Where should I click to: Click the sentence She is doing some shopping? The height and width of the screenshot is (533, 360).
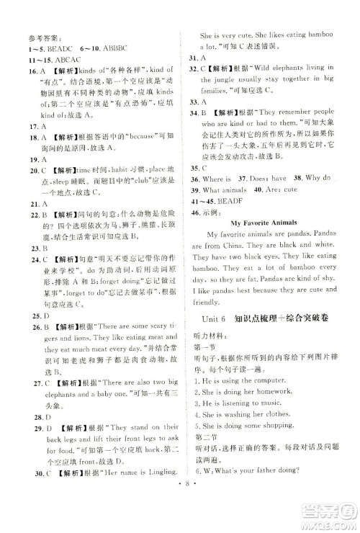tap(246, 435)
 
